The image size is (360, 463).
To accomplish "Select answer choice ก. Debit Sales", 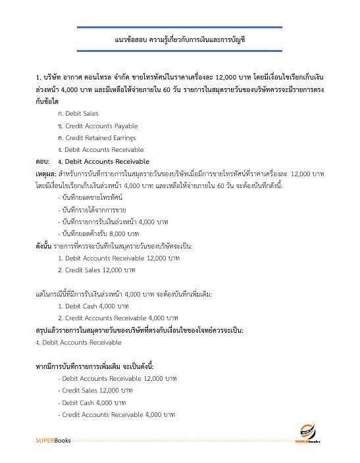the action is coord(78,114).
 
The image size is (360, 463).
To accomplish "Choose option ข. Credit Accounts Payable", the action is coord(97,126).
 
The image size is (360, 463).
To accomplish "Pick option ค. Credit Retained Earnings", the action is coord(96,137).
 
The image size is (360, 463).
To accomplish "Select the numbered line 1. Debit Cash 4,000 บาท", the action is coord(92,306).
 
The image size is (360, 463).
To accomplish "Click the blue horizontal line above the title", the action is coord(179,28).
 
